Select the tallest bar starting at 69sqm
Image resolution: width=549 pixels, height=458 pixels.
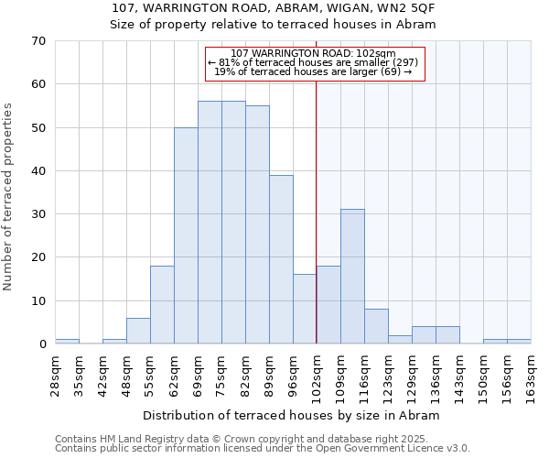210,223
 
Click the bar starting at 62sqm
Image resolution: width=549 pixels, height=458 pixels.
186,235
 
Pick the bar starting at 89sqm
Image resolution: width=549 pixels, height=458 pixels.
281,259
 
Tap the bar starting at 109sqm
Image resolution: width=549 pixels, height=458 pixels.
352,277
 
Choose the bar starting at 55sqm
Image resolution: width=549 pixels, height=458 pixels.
162,305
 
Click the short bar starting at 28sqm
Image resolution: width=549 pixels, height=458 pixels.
67,341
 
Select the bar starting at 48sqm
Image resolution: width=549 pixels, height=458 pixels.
138,331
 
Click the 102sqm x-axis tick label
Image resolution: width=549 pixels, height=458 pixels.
317,373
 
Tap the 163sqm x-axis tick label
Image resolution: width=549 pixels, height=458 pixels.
531,373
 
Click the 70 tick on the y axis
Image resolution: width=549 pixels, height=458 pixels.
38,41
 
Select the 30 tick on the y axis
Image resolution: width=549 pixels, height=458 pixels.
38,214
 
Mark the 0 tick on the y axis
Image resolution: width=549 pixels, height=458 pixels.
42,344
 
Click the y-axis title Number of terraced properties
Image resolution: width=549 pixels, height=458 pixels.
8,196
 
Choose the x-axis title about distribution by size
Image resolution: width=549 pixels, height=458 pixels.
292,415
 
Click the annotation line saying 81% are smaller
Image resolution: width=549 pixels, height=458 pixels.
314,62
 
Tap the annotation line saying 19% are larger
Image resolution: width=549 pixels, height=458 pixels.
314,71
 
